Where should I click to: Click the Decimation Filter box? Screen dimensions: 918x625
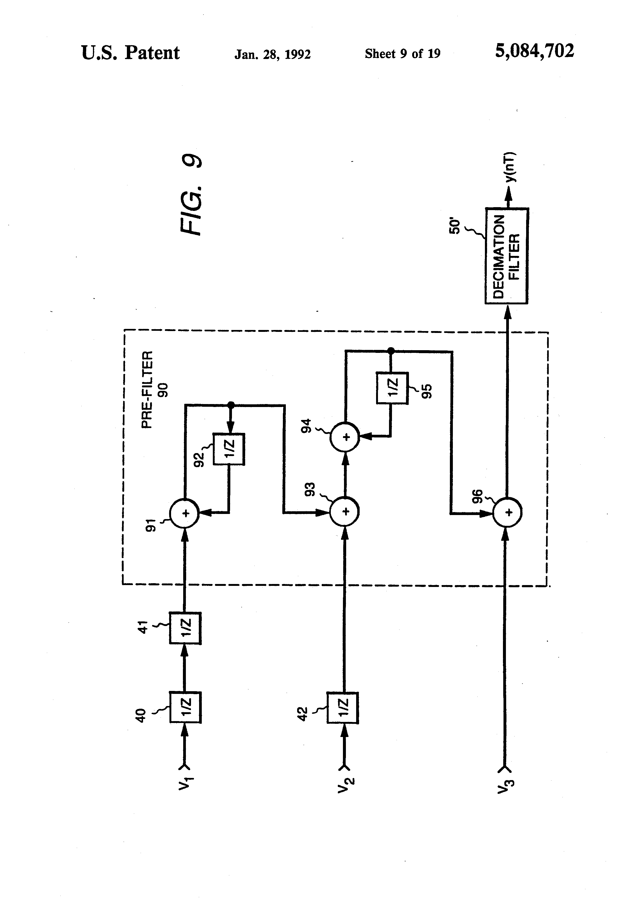pyautogui.click(x=506, y=256)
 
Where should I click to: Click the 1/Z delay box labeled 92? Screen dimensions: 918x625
pyautogui.click(x=229, y=449)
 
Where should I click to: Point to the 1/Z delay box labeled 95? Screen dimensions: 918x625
pyautogui.click(x=392, y=388)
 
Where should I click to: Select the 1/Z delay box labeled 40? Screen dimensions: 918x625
pyautogui.click(x=185, y=707)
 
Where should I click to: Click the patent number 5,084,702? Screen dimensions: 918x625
pyautogui.click(x=534, y=51)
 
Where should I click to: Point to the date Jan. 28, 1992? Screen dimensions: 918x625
pyautogui.click(x=273, y=54)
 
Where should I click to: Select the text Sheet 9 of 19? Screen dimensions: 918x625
pyautogui.click(x=402, y=54)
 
